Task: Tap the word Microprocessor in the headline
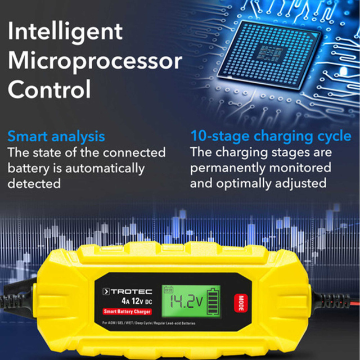(95, 61)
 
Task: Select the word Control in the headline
(49, 89)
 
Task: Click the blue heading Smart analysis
(56, 137)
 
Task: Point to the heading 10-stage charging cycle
(271, 136)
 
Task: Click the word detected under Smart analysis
(34, 184)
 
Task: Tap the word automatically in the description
(105, 169)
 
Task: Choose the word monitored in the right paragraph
(300, 168)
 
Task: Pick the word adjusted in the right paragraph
(301, 184)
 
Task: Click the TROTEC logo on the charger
(128, 291)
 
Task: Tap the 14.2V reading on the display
(186, 301)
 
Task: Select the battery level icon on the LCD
(214, 301)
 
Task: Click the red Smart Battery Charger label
(127, 312)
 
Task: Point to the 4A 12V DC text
(137, 301)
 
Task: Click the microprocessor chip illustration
(269, 55)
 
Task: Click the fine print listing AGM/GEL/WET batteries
(148, 323)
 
